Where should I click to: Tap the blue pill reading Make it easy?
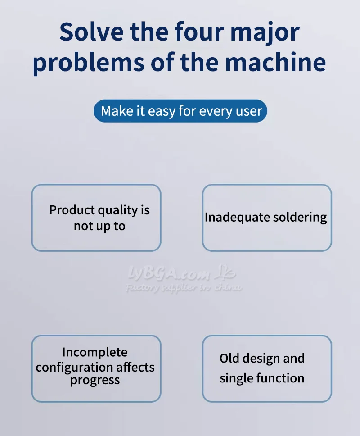pos(180,111)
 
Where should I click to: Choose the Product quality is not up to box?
pos(96,218)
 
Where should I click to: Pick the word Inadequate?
pos(233,217)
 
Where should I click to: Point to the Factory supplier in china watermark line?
pos(184,288)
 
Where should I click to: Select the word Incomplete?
pos(95,352)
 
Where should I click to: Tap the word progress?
pos(95,381)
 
